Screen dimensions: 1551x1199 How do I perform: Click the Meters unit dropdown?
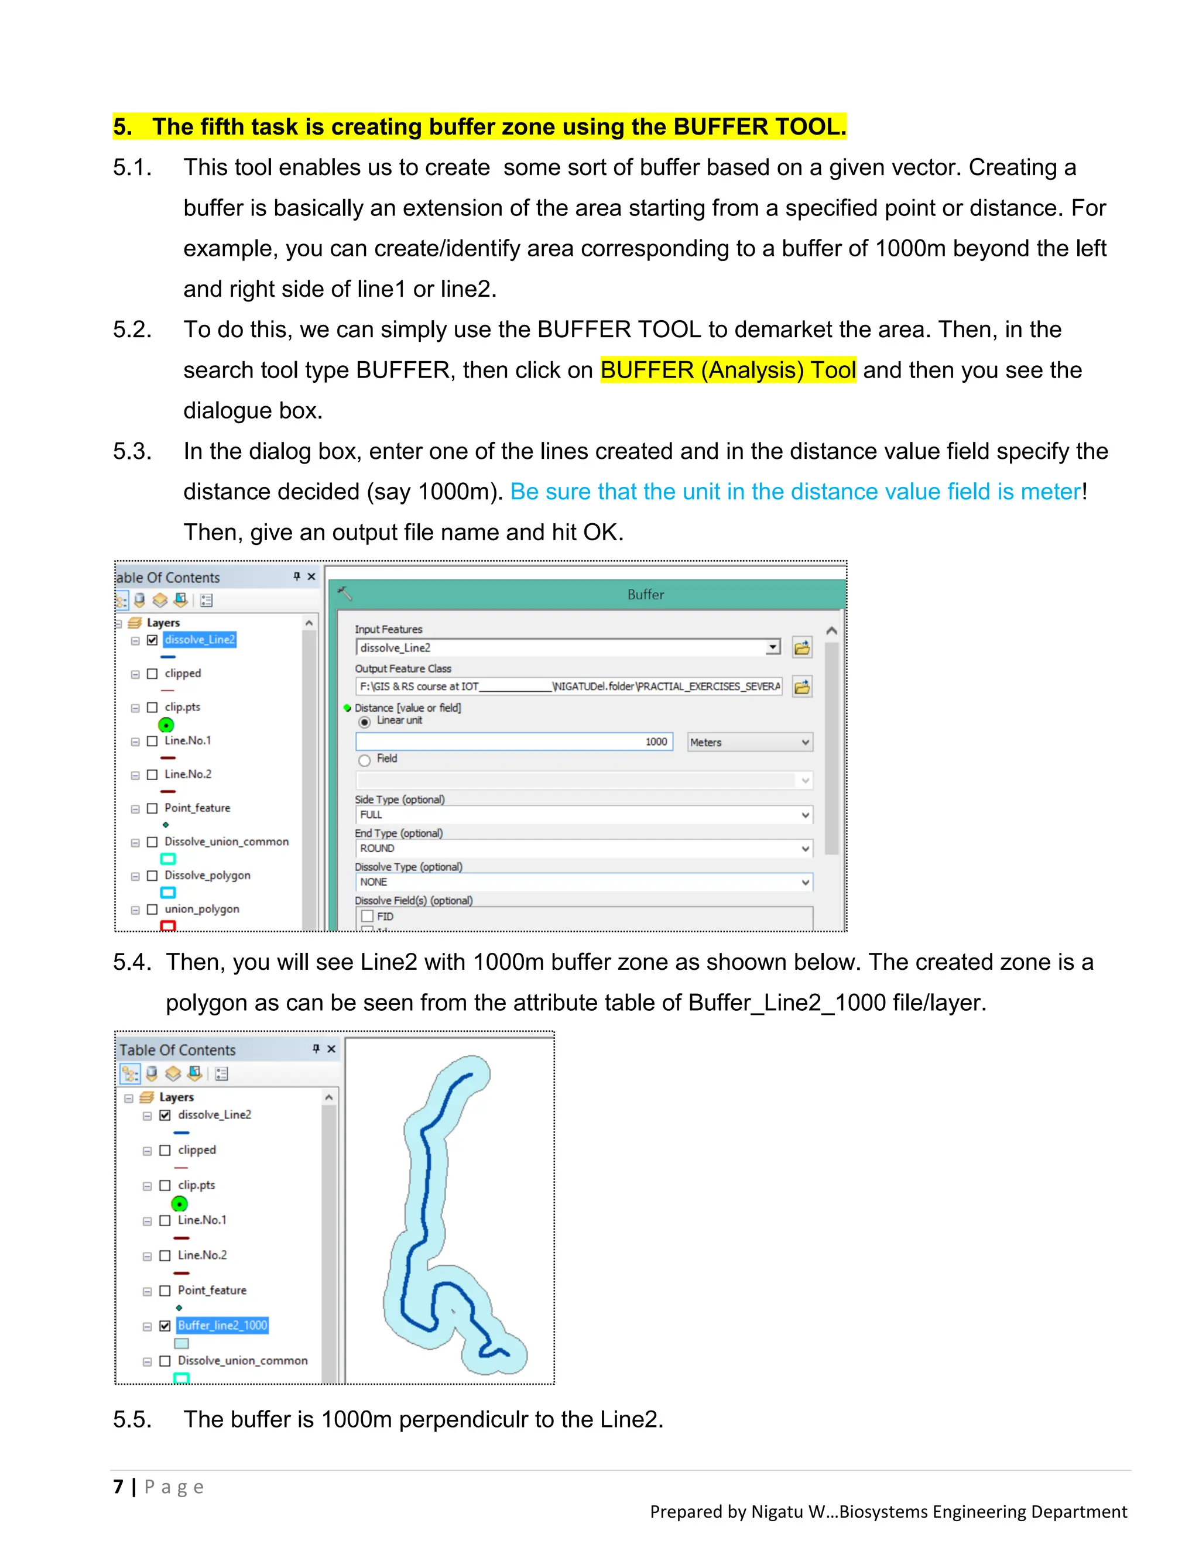749,742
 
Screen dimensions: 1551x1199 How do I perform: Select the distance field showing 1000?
513,742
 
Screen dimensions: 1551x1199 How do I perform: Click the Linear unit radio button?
364,722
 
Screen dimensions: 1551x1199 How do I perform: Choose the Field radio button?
364,760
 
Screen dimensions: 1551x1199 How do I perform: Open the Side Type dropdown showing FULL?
583,815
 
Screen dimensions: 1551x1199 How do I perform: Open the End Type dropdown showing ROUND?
583,848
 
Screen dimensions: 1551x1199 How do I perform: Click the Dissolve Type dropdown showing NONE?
583,882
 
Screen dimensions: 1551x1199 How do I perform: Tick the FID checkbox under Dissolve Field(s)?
367,916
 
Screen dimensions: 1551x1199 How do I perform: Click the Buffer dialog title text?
645,595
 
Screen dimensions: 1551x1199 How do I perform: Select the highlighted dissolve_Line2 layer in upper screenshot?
200,640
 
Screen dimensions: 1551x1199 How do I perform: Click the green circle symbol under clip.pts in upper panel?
166,725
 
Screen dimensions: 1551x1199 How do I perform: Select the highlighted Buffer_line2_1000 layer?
222,1325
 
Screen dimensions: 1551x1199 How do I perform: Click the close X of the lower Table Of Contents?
331,1049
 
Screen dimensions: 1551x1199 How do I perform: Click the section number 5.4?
132,962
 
